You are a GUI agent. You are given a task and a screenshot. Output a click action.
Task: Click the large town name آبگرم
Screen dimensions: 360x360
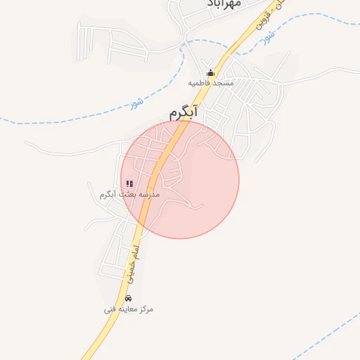pyautogui.click(x=184, y=112)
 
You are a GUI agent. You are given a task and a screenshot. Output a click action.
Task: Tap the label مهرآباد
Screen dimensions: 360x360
pyautogui.click(x=224, y=4)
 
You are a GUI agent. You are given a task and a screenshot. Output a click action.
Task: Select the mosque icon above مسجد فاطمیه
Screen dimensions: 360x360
pyautogui.click(x=210, y=72)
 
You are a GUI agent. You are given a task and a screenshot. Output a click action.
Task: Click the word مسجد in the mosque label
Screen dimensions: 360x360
pyautogui.click(x=221, y=83)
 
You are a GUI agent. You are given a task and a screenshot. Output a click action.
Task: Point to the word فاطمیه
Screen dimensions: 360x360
pyautogui.click(x=200, y=83)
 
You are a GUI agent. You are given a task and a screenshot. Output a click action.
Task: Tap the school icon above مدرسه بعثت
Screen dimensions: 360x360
pyautogui.click(x=129, y=184)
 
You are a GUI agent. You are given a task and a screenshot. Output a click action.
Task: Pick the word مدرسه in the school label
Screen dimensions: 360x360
pyautogui.click(x=149, y=193)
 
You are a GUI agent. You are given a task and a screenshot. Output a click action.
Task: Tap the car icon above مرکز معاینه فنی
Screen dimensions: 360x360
pyautogui.click(x=127, y=298)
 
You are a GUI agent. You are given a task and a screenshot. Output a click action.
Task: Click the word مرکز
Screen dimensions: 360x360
pyautogui.click(x=146, y=309)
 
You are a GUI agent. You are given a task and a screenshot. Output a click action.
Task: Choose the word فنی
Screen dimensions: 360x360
pyautogui.click(x=109, y=309)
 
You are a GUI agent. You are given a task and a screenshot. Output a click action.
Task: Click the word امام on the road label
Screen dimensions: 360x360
pyautogui.click(x=138, y=245)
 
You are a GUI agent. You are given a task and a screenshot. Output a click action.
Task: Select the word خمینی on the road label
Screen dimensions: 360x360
pyautogui.click(x=129, y=266)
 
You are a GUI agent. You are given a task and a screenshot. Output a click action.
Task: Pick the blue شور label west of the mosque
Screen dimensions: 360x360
pyautogui.click(x=136, y=103)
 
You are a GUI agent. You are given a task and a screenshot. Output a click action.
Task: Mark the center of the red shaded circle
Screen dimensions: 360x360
pyautogui.click(x=180, y=179)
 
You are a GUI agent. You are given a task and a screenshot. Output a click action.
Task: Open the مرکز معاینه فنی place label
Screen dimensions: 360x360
pyautogui.click(x=128, y=309)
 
